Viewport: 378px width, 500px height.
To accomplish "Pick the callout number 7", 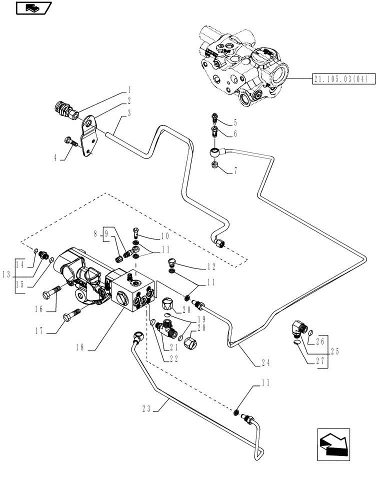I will click(x=234, y=171).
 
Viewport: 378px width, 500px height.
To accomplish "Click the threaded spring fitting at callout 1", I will click(x=63, y=111).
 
